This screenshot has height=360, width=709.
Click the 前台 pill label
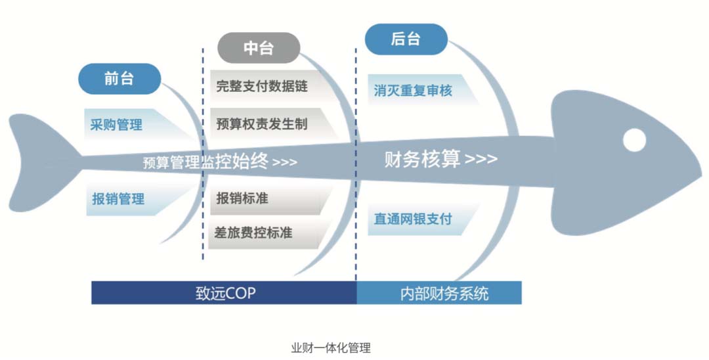[x=119, y=79]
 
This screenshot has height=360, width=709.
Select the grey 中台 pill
[x=259, y=48]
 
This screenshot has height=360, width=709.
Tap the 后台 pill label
[x=406, y=39]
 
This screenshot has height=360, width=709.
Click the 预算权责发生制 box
[x=271, y=124]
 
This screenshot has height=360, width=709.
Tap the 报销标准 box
[x=270, y=198]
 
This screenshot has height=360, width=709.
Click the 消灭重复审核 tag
[x=421, y=91]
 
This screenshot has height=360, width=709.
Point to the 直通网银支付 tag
[x=421, y=219]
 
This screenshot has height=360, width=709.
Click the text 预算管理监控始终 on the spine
[x=205, y=162]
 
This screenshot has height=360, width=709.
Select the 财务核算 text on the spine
[x=422, y=159]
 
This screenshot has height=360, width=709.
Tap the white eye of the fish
[x=634, y=140]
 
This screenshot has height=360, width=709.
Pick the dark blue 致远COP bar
[x=225, y=292]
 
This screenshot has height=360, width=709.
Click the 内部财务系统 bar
[x=439, y=292]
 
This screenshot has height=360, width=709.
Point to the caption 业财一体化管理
[x=331, y=348]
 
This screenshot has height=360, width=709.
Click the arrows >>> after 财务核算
[x=481, y=159]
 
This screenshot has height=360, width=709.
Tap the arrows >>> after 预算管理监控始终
[x=285, y=162]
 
